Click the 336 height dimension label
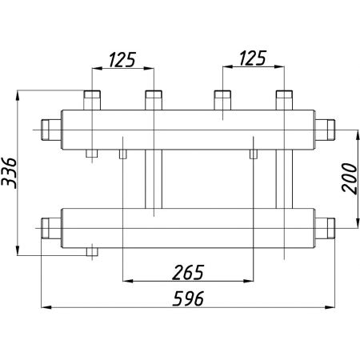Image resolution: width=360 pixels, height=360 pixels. point(9,173)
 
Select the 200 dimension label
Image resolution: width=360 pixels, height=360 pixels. point(350,178)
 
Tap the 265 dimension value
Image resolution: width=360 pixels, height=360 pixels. point(188,273)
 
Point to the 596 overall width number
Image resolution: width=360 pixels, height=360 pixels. point(188,298)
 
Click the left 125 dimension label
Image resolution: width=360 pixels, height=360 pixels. point(122,59)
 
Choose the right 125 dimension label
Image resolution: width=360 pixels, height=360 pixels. point(253,58)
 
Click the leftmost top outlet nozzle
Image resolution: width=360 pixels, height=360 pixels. point(92,100)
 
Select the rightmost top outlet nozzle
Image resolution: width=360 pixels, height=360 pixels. point(284,100)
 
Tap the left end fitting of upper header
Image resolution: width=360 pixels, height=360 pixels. point(51,130)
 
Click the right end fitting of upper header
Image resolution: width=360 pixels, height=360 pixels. point(325,130)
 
